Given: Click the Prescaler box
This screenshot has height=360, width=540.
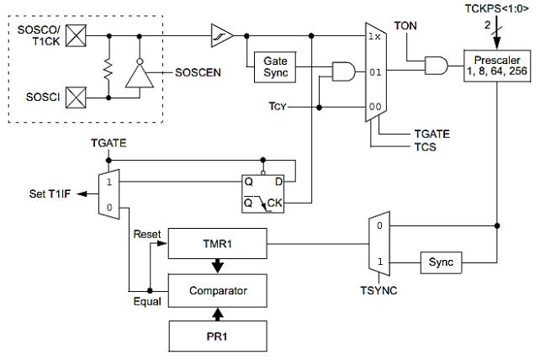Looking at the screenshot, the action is [497, 66].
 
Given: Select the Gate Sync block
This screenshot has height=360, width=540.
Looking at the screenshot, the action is [275, 67].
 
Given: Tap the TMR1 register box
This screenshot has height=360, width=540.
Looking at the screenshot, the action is [217, 244].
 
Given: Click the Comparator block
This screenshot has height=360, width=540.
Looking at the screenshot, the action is [217, 291].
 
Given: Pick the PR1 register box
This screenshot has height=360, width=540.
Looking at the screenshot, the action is [218, 336].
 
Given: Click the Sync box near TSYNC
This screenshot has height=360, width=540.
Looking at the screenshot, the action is [441, 262].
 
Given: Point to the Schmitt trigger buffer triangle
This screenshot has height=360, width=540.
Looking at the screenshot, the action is [222, 35].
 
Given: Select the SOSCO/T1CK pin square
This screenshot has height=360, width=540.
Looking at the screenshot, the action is [76, 35].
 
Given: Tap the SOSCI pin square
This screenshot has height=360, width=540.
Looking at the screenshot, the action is [76, 98].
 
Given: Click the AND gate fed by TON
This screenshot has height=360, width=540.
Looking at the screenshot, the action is [437, 66].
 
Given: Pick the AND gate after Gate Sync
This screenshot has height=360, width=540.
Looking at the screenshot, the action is [343, 71].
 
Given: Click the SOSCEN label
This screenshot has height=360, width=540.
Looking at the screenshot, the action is [198, 72].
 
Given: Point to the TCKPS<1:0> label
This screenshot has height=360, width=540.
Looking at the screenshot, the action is [496, 8].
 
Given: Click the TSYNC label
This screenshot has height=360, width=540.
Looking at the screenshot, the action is [379, 290].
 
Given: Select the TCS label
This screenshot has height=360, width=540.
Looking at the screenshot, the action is [425, 147].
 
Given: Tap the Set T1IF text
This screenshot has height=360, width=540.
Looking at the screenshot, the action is [50, 194].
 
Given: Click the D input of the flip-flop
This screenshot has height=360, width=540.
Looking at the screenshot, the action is [278, 182].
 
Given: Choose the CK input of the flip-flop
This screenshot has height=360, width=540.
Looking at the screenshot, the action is [274, 203].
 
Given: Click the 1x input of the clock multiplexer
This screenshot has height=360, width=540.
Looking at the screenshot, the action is [374, 36].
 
